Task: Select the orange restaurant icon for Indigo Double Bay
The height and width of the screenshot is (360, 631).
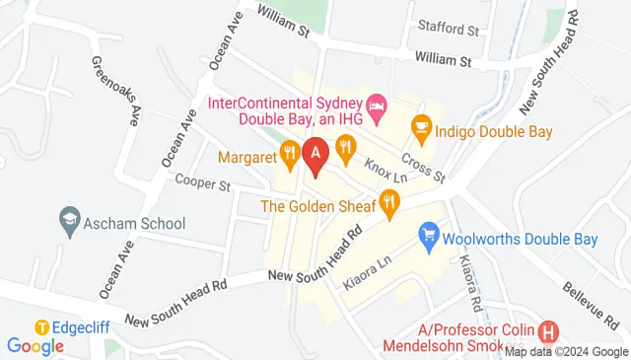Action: (x=421, y=128)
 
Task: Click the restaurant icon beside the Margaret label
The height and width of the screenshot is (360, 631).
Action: (x=289, y=152)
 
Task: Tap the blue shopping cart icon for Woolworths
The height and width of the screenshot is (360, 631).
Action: (x=428, y=236)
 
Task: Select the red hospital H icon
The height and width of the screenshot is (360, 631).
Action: (x=549, y=333)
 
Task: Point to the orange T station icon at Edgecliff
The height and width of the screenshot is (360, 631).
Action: (x=42, y=326)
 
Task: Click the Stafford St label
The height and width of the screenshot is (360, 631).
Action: (x=448, y=29)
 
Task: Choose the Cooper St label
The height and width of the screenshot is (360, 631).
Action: (x=202, y=182)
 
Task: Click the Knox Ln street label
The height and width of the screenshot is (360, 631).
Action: (x=386, y=167)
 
